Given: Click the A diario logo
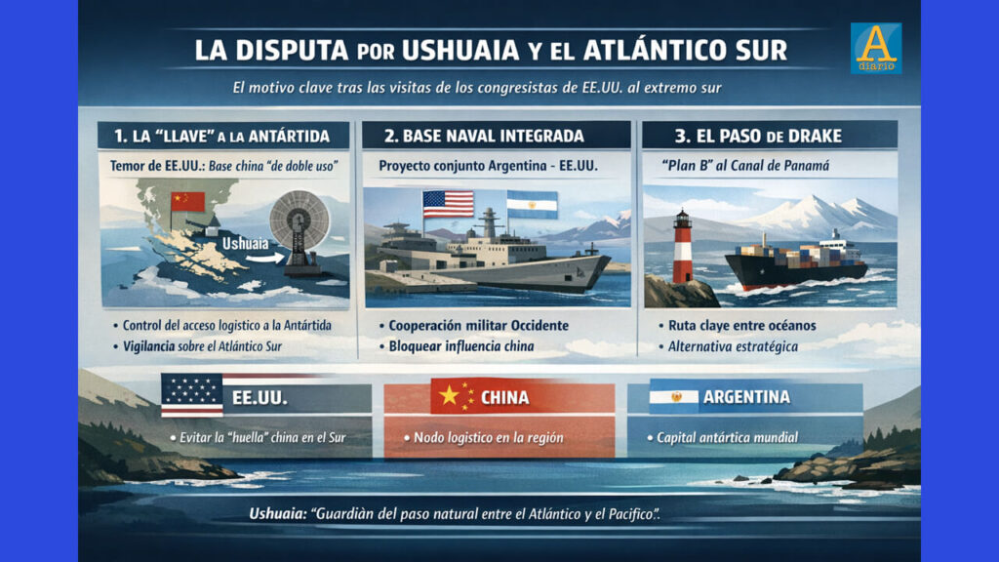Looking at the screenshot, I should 875,48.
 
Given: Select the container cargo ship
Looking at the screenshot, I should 795,261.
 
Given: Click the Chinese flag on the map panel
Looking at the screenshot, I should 188,202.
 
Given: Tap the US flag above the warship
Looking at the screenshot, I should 448,204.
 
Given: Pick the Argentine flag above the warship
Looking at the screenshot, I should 532,204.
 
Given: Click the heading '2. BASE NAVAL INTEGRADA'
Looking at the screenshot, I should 486,136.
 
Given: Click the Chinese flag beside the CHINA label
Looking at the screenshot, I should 454,396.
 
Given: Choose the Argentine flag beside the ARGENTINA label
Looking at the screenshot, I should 674,396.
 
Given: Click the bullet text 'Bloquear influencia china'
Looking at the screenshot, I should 463,346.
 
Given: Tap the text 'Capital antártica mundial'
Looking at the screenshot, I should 727,437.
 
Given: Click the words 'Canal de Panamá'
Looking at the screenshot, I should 780,166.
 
